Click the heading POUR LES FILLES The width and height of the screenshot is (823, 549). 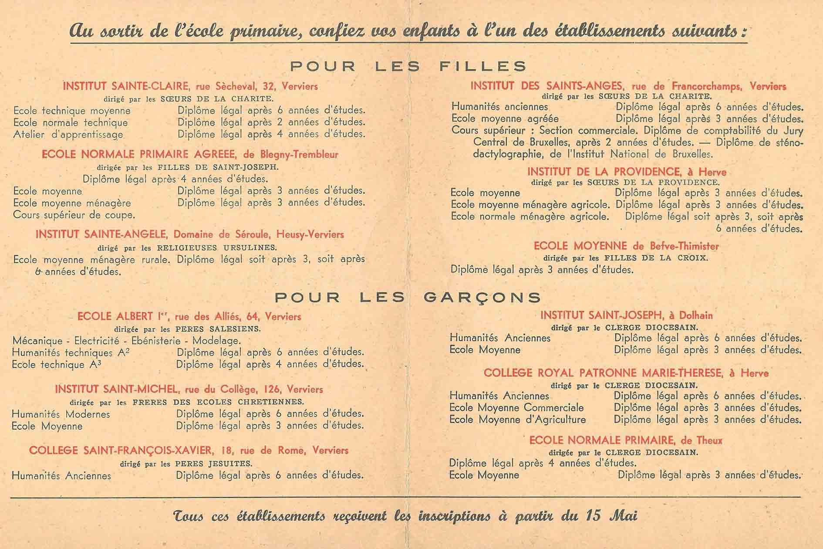408,66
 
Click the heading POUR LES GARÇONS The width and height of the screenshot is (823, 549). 408,297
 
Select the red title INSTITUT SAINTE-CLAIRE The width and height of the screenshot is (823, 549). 126,86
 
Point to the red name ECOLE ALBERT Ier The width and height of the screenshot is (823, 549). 115,316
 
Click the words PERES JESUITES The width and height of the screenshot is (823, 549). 213,464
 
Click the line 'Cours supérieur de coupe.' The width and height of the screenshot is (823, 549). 74,215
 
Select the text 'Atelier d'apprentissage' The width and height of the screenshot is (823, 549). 68,135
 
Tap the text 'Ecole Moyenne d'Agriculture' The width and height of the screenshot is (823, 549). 517,420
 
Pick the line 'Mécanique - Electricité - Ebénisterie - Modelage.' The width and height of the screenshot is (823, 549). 126,340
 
